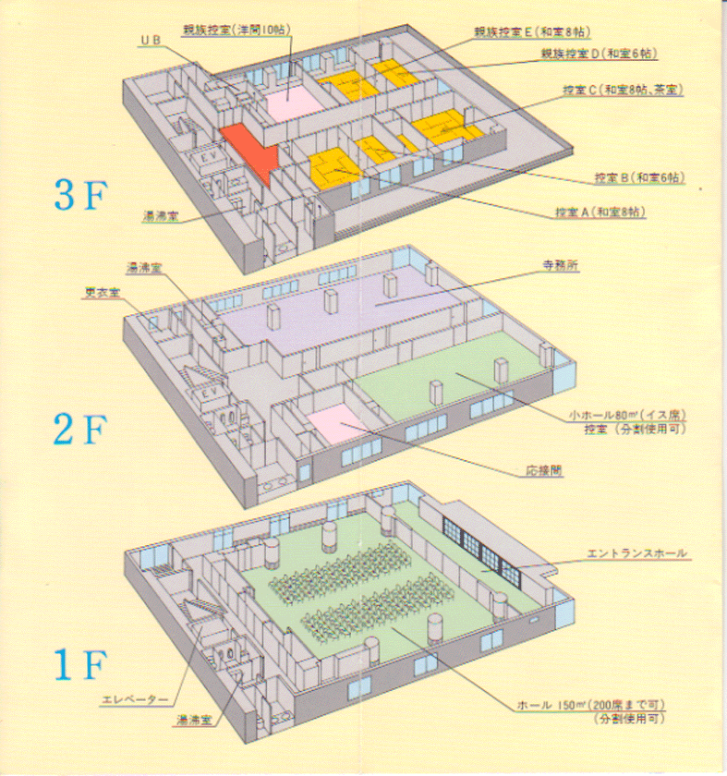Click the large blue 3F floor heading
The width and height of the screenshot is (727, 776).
click(81, 194)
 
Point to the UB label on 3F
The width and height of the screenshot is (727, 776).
click(151, 42)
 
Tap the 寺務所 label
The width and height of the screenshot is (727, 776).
click(561, 265)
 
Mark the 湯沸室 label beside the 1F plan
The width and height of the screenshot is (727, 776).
click(198, 718)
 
